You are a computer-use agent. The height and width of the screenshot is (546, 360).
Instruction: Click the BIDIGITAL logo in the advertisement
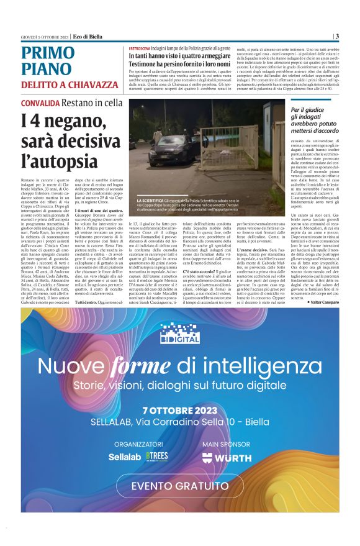click(180, 333)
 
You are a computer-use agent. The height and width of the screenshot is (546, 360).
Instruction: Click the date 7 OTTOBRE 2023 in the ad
click(179, 411)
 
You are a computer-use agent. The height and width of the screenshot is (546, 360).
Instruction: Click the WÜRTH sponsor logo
click(227, 458)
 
